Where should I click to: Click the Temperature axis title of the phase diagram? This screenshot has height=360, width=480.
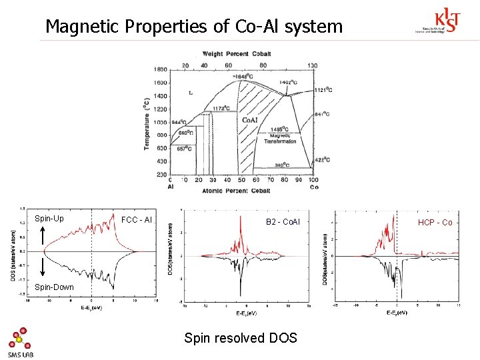[x=147, y=123]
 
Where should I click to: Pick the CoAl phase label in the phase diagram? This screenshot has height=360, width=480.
[x=250, y=120]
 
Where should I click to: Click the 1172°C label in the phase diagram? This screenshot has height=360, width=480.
[x=221, y=108]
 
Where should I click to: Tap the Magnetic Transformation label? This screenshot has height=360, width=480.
[x=280, y=138]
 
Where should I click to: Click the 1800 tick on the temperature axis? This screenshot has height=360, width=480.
[x=161, y=69]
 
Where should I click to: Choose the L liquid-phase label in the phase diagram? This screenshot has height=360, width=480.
[x=191, y=93]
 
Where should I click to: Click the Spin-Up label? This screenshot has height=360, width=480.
[x=49, y=219]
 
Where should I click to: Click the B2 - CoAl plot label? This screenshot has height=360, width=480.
[x=283, y=221]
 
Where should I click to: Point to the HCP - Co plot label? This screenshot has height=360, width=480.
[x=435, y=222]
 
